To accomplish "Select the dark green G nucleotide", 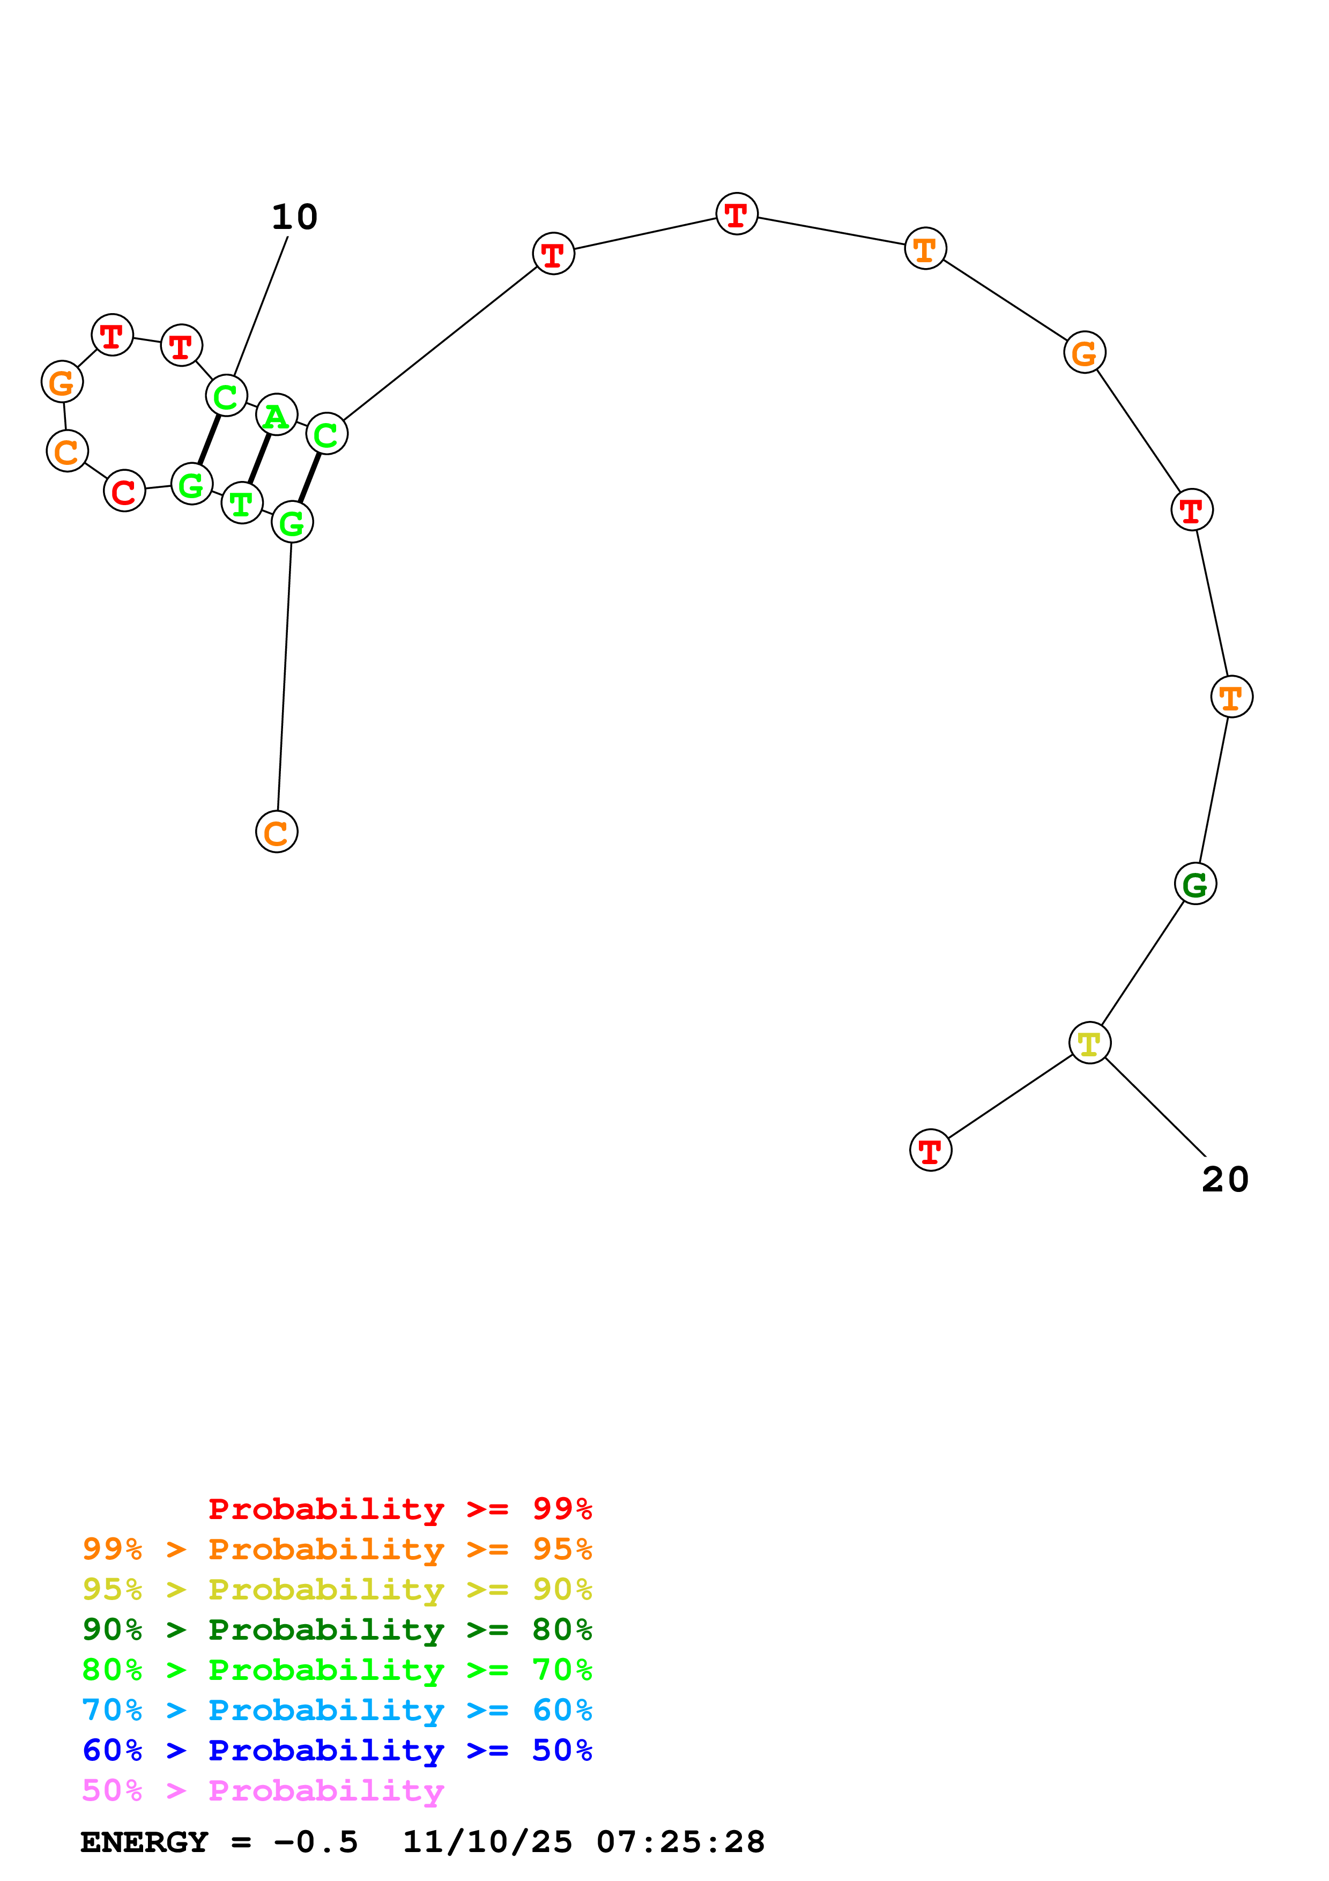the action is (1195, 884).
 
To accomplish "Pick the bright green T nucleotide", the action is (242, 502).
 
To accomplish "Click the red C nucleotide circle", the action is (124, 492).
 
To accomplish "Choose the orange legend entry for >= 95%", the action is (337, 1549).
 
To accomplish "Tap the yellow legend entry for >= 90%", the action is (337, 1589).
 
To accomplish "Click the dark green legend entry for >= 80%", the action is (337, 1630).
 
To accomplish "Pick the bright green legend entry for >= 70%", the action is (337, 1670).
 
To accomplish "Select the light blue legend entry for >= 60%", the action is (337, 1710).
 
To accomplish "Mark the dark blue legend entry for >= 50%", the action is (337, 1750).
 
